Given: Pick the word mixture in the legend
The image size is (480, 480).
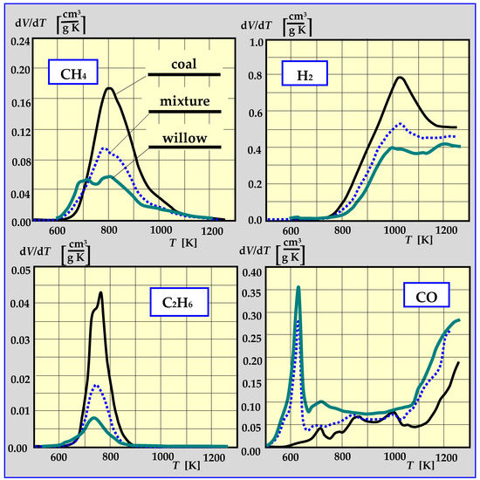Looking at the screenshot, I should click(184, 102).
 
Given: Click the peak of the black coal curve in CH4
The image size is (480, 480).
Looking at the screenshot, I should click(110, 88).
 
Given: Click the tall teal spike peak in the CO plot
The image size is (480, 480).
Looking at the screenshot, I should click(298, 287).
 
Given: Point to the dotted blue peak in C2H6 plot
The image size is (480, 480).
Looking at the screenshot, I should click(96, 385).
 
